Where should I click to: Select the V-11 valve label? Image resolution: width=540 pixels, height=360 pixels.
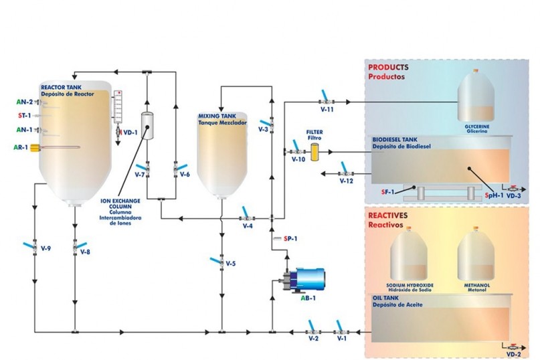(x=327, y=108)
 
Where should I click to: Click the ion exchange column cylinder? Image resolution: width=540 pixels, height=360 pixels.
(x=147, y=124)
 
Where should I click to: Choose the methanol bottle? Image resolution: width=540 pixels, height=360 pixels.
(x=476, y=255)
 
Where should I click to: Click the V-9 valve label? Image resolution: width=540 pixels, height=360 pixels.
(x=46, y=248)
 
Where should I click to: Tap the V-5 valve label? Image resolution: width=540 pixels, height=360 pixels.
(x=230, y=264)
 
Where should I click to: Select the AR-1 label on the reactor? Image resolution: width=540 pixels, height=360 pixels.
(x=21, y=147)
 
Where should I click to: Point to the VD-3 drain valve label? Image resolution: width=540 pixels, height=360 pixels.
(x=514, y=196)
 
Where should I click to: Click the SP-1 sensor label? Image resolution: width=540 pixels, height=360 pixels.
(x=290, y=239)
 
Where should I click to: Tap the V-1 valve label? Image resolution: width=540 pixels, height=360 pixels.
(x=342, y=339)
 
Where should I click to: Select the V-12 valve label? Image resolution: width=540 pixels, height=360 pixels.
(x=346, y=181)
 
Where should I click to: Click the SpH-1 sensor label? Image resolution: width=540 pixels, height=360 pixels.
(x=494, y=195)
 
